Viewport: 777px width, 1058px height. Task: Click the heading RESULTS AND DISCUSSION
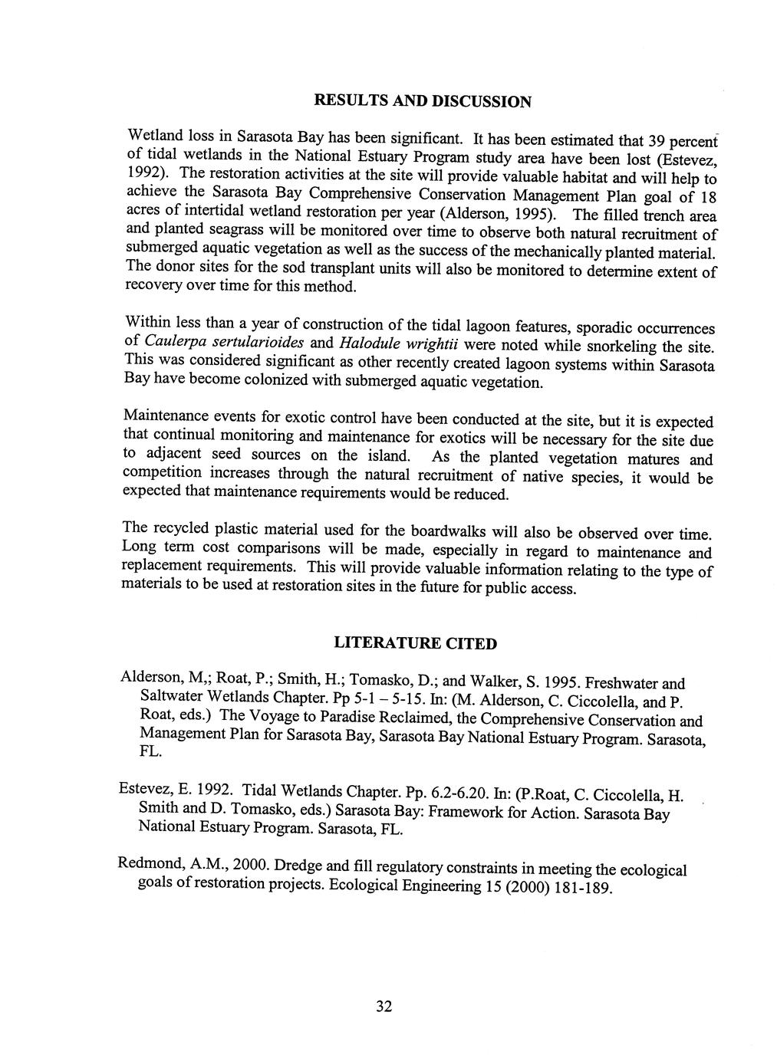pyautogui.click(x=423, y=101)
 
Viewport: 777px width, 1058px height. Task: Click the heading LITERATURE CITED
pyautogui.click(x=415, y=643)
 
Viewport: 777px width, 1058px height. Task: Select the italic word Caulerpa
pyautogui.click(x=173, y=340)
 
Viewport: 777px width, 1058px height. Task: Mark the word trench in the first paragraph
pyautogui.click(x=650, y=216)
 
